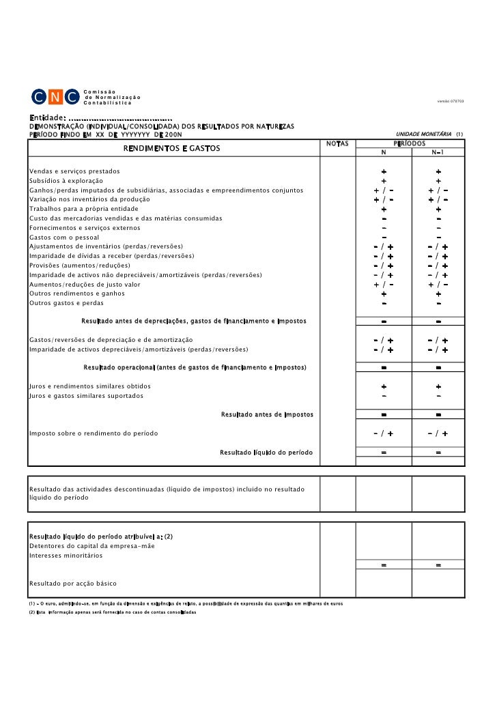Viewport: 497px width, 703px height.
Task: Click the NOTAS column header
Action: [x=337, y=143]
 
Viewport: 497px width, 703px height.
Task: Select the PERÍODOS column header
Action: [x=411, y=143]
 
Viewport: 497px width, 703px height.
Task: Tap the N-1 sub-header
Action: [x=438, y=153]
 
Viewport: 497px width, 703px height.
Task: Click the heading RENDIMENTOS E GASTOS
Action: [x=171, y=149]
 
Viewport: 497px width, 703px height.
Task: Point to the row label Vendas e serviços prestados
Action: [x=74, y=171]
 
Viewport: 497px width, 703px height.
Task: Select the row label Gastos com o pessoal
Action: [x=63, y=237]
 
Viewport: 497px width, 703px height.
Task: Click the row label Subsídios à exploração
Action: [x=66, y=180]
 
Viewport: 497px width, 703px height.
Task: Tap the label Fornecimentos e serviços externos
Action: [x=85, y=227]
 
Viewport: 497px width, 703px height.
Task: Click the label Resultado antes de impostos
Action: [x=267, y=414]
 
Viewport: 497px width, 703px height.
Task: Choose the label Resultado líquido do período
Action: [x=266, y=453]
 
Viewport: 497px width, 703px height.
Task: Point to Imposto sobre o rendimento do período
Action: [x=94, y=433]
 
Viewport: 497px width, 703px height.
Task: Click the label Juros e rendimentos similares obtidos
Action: [x=89, y=386]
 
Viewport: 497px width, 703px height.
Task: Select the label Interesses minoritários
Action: [x=66, y=556]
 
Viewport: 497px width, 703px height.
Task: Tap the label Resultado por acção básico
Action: [x=72, y=584]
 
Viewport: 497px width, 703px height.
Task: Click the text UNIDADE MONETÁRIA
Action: [x=425, y=134]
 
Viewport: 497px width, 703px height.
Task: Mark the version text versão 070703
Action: [x=451, y=102]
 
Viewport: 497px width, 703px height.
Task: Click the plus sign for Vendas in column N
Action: [x=384, y=171]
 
